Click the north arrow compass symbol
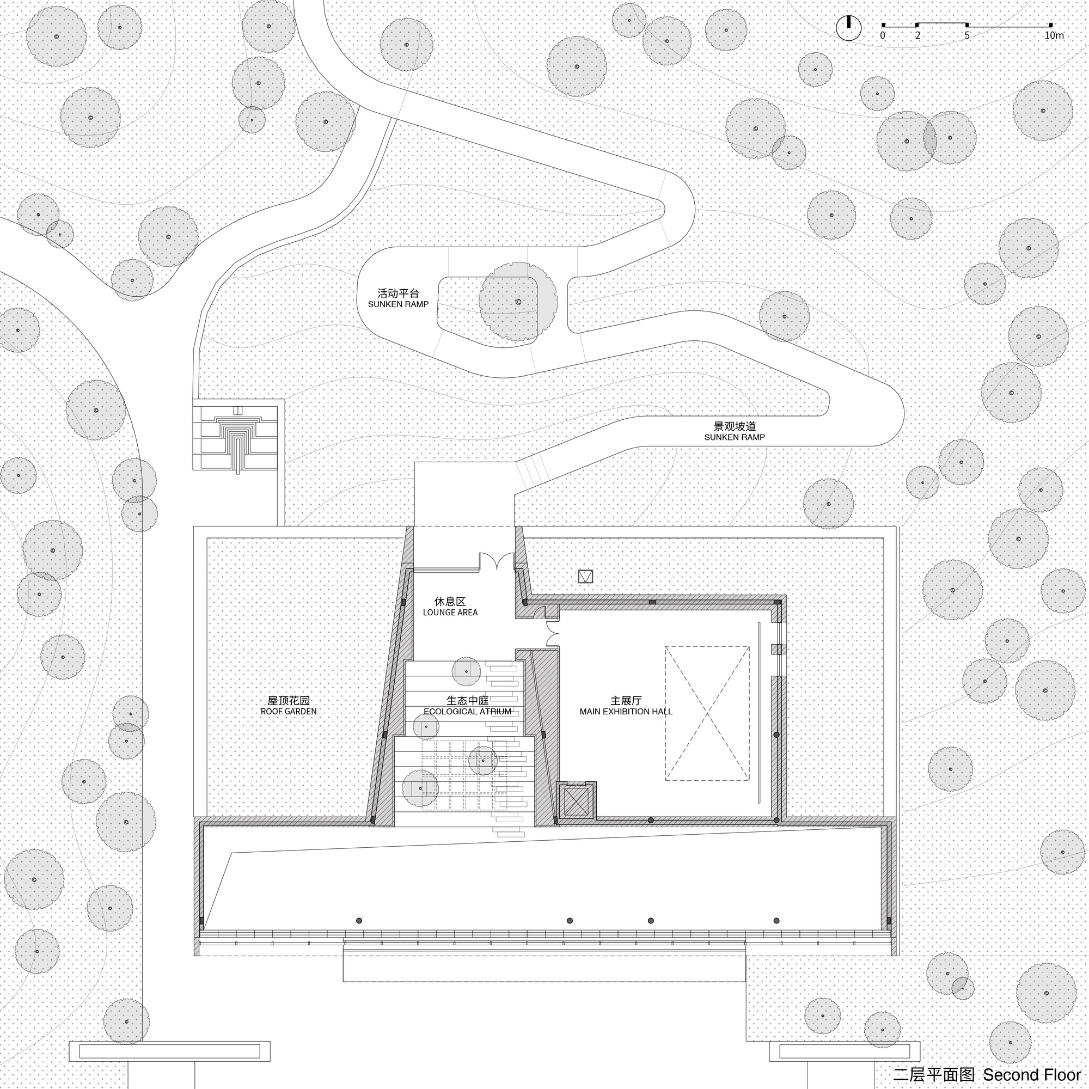pyautogui.click(x=848, y=28)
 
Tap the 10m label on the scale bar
pyautogui.click(x=1054, y=35)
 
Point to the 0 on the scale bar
pyautogui.click(x=883, y=35)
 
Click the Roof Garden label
pyautogui.click(x=289, y=706)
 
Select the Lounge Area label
pyautogui.click(x=450, y=607)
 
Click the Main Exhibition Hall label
pyautogui.click(x=626, y=706)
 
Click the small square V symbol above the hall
pyautogui.click(x=586, y=577)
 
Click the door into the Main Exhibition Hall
pyautogui.click(x=552, y=634)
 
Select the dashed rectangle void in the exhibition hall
pyautogui.click(x=707, y=713)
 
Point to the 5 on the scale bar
pyautogui.click(x=967, y=35)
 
